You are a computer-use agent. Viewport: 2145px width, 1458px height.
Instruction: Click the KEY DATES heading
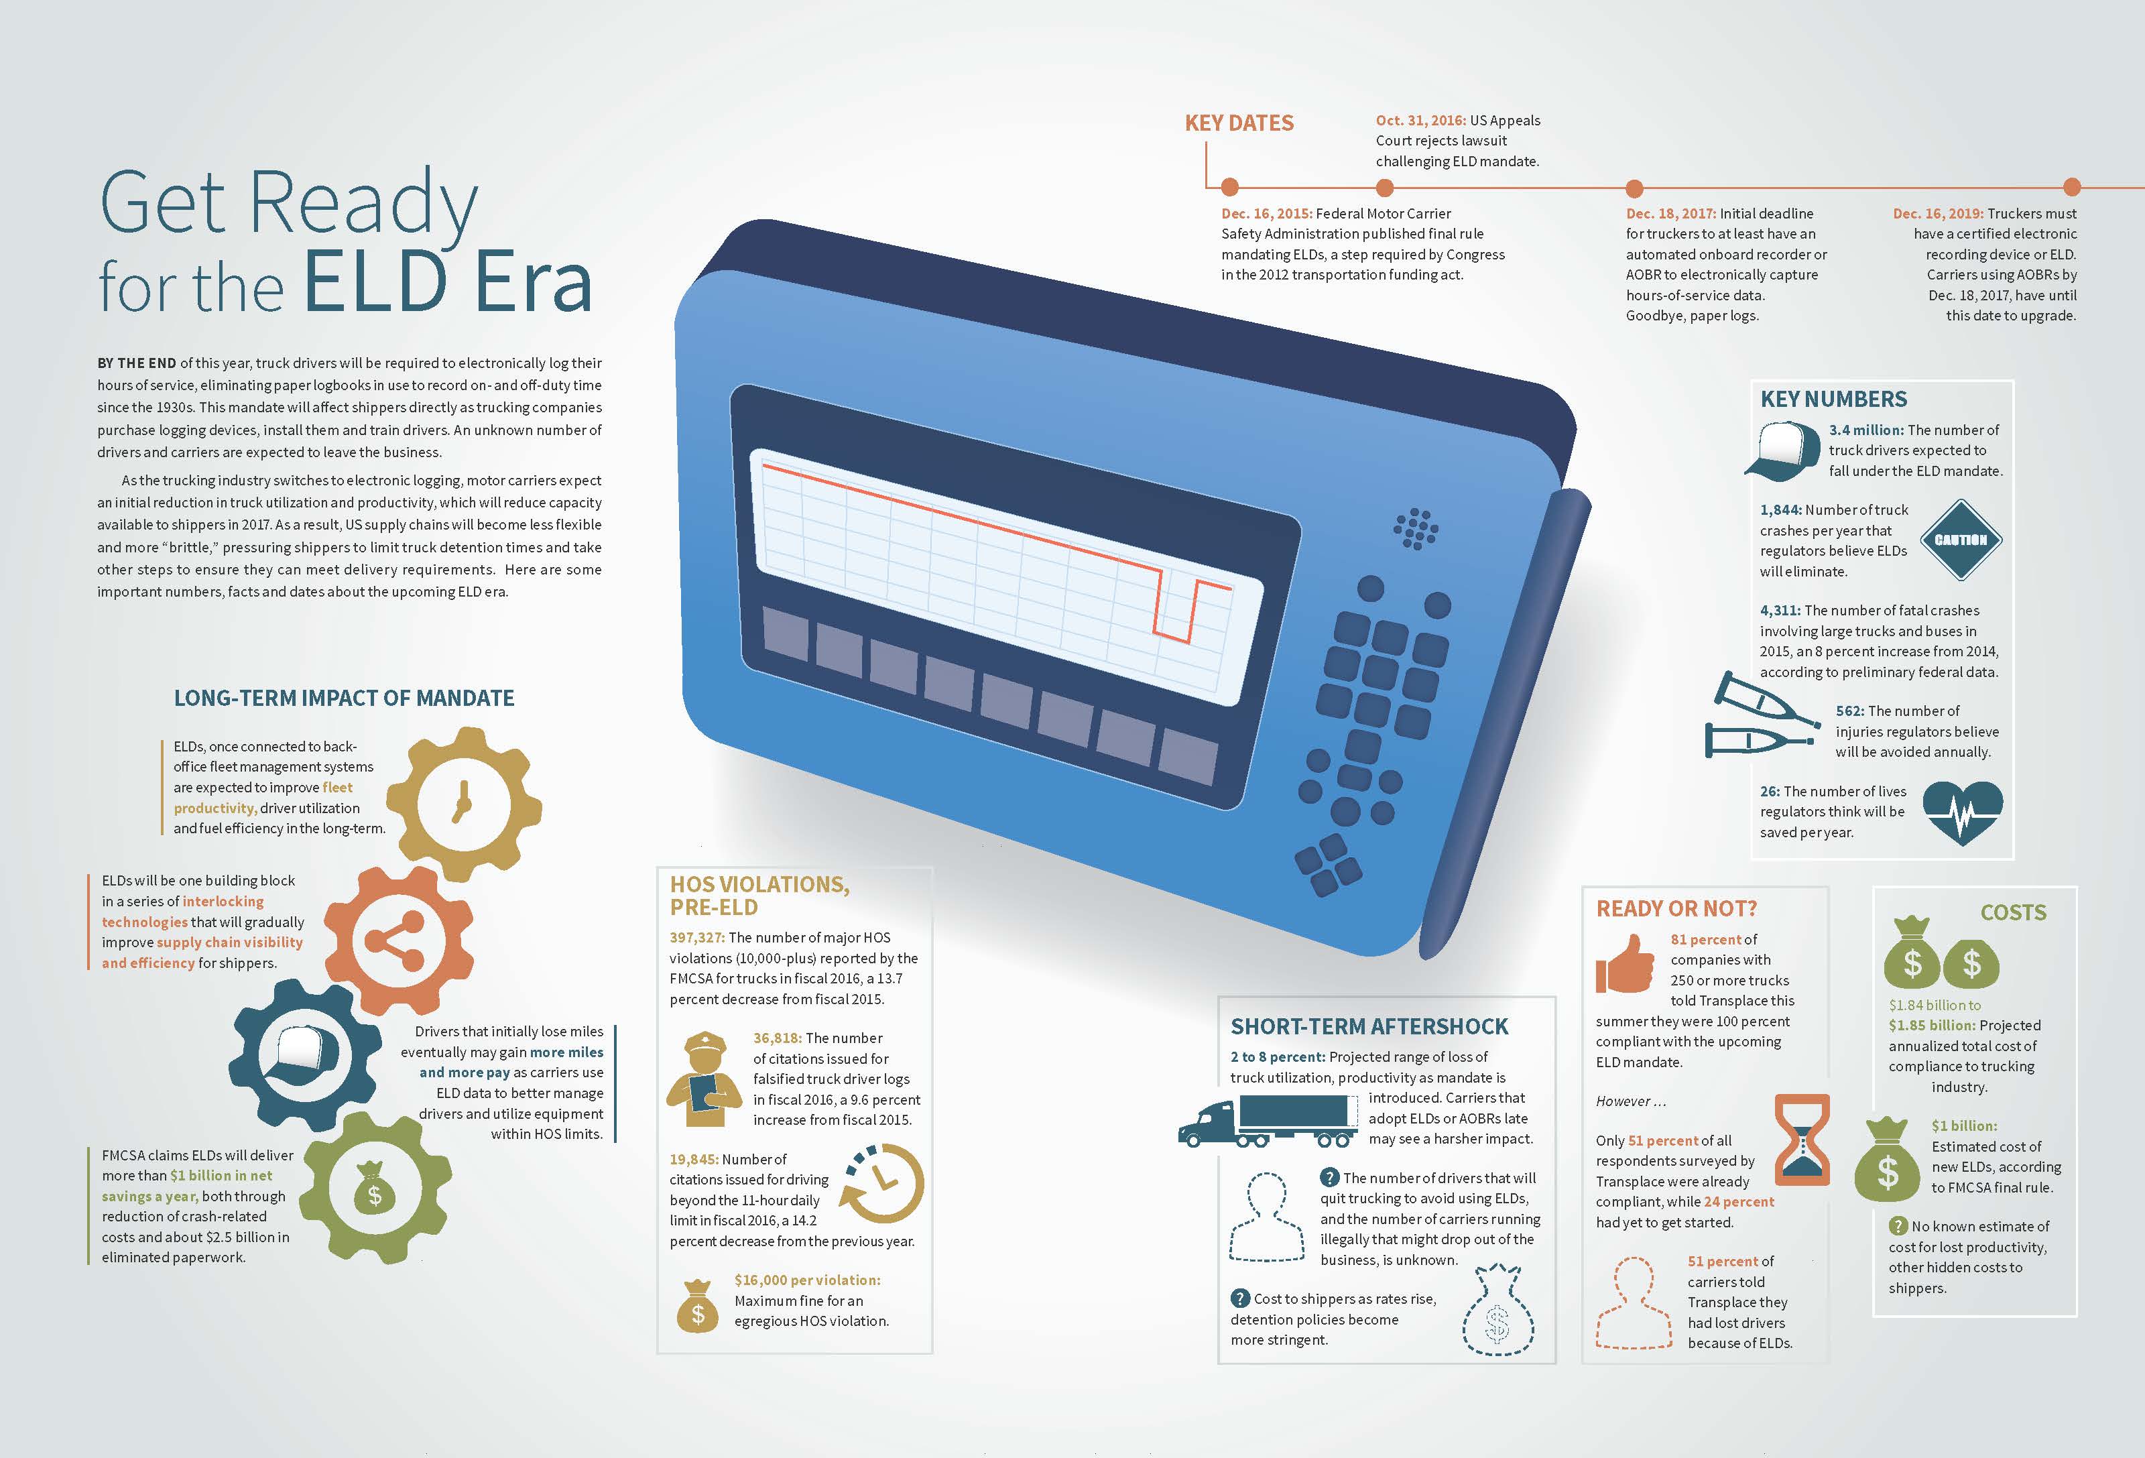tap(1239, 123)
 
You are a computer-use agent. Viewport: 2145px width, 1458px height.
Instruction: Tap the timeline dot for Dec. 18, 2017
tap(1635, 188)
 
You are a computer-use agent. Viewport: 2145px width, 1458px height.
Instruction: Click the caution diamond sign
tap(1961, 540)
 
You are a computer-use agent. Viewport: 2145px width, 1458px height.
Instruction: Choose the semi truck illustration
tap(1268, 1121)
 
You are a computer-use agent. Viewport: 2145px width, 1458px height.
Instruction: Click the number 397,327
tap(697, 938)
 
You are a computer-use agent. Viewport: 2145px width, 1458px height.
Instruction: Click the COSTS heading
tap(2013, 912)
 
